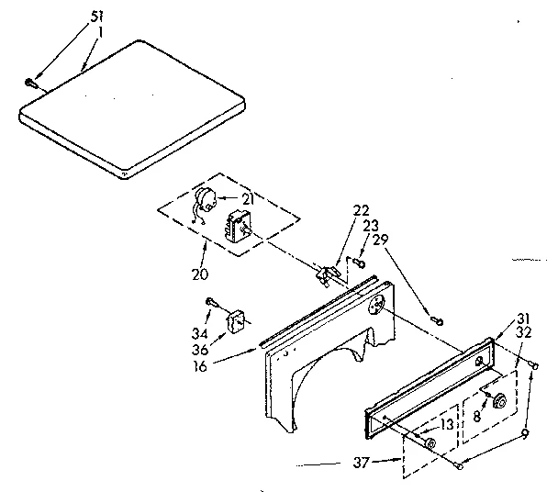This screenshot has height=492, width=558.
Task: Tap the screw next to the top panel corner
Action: click(32, 83)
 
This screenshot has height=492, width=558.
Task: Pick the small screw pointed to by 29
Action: click(438, 319)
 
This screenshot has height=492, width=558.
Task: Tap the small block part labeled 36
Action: click(235, 319)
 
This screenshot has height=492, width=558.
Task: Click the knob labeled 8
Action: click(500, 401)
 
